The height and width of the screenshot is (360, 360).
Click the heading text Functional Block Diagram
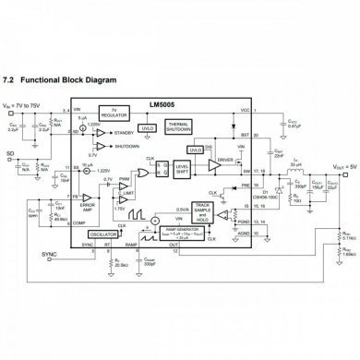click(78, 81)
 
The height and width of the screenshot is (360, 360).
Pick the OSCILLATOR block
click(105, 234)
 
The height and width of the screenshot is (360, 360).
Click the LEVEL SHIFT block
click(183, 168)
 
